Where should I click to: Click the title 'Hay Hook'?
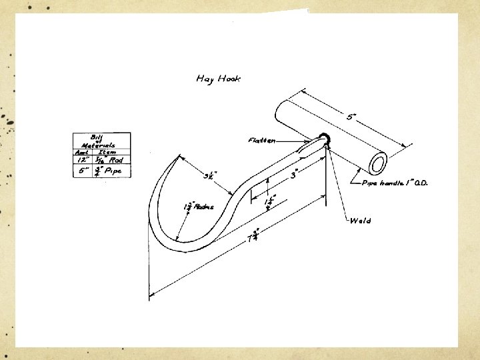pyautogui.click(x=219, y=79)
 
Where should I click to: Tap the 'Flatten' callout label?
pyautogui.click(x=261, y=141)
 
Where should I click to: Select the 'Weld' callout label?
pyautogui.click(x=361, y=221)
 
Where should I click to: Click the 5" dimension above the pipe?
pyautogui.click(x=351, y=117)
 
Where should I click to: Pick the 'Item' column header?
pyautogui.click(x=108, y=152)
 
